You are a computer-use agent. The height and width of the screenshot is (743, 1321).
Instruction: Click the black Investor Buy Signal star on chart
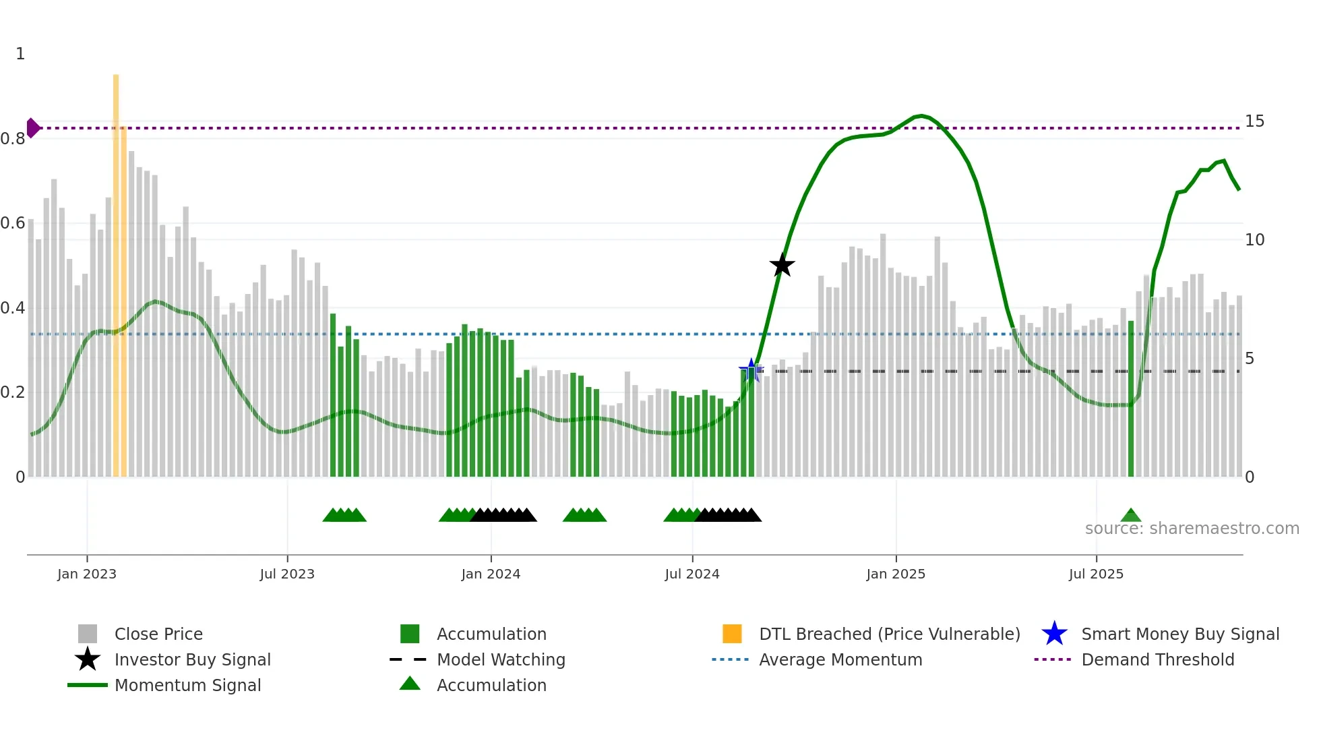click(x=782, y=265)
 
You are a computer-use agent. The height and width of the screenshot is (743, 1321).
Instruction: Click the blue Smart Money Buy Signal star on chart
click(x=751, y=369)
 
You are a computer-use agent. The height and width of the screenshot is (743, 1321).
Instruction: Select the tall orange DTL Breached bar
click(x=116, y=270)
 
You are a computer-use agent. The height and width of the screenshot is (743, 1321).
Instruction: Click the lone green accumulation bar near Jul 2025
click(x=1131, y=398)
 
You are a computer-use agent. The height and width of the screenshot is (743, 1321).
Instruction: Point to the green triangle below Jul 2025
click(x=1131, y=516)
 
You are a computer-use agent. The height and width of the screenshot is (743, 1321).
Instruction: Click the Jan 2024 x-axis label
click(x=491, y=574)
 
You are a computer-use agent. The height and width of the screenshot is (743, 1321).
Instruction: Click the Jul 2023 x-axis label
click(x=287, y=574)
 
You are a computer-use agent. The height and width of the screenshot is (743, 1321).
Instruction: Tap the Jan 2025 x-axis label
click(x=896, y=574)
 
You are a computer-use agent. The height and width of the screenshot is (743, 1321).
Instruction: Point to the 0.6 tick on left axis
click(x=13, y=223)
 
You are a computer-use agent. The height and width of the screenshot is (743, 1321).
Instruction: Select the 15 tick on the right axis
click(x=1254, y=121)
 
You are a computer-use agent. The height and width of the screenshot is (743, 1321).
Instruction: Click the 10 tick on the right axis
click(x=1254, y=240)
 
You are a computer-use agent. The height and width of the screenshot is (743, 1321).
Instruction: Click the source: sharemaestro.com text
click(x=1192, y=529)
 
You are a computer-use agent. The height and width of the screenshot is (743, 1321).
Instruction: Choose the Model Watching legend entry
click(x=501, y=659)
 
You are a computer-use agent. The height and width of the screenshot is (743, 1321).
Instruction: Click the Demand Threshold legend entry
click(x=1157, y=659)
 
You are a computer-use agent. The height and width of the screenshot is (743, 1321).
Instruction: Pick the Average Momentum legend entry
click(x=840, y=659)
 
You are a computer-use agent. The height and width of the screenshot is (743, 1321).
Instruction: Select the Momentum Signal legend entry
click(x=187, y=685)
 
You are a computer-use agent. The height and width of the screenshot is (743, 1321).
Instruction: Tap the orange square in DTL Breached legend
click(x=732, y=634)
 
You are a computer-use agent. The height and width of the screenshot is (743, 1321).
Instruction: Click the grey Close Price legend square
click(x=88, y=634)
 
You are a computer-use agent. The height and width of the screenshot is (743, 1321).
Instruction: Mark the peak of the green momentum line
click(x=921, y=116)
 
